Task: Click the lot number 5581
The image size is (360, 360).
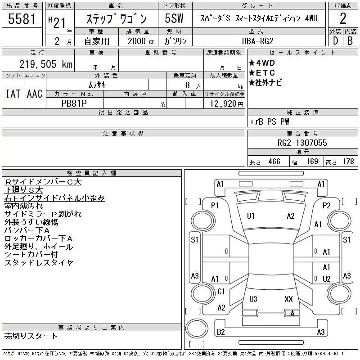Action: [22, 18]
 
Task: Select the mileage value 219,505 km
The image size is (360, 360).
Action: [46, 64]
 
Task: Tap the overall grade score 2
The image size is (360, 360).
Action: [342, 18]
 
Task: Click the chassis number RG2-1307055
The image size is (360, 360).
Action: [302, 143]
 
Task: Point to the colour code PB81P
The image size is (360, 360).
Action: [74, 103]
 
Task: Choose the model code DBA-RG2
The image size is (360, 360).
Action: [257, 41]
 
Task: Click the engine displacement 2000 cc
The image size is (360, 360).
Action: [141, 41]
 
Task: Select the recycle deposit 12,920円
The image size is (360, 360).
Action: [227, 104]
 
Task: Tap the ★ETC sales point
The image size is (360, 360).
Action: [262, 73]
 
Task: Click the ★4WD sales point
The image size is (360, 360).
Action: [262, 63]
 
